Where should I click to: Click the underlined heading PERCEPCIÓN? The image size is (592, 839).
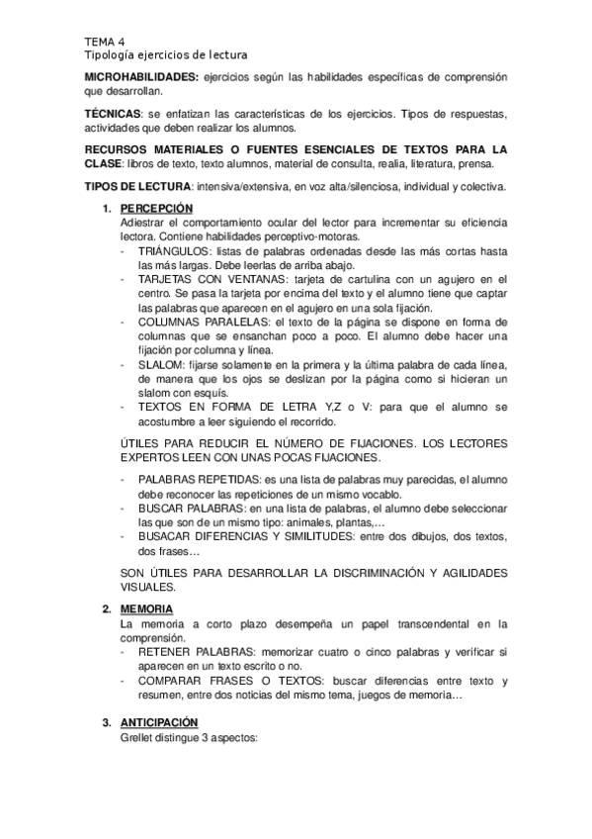[156, 209]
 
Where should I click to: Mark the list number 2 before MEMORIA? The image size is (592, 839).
[107, 607]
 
